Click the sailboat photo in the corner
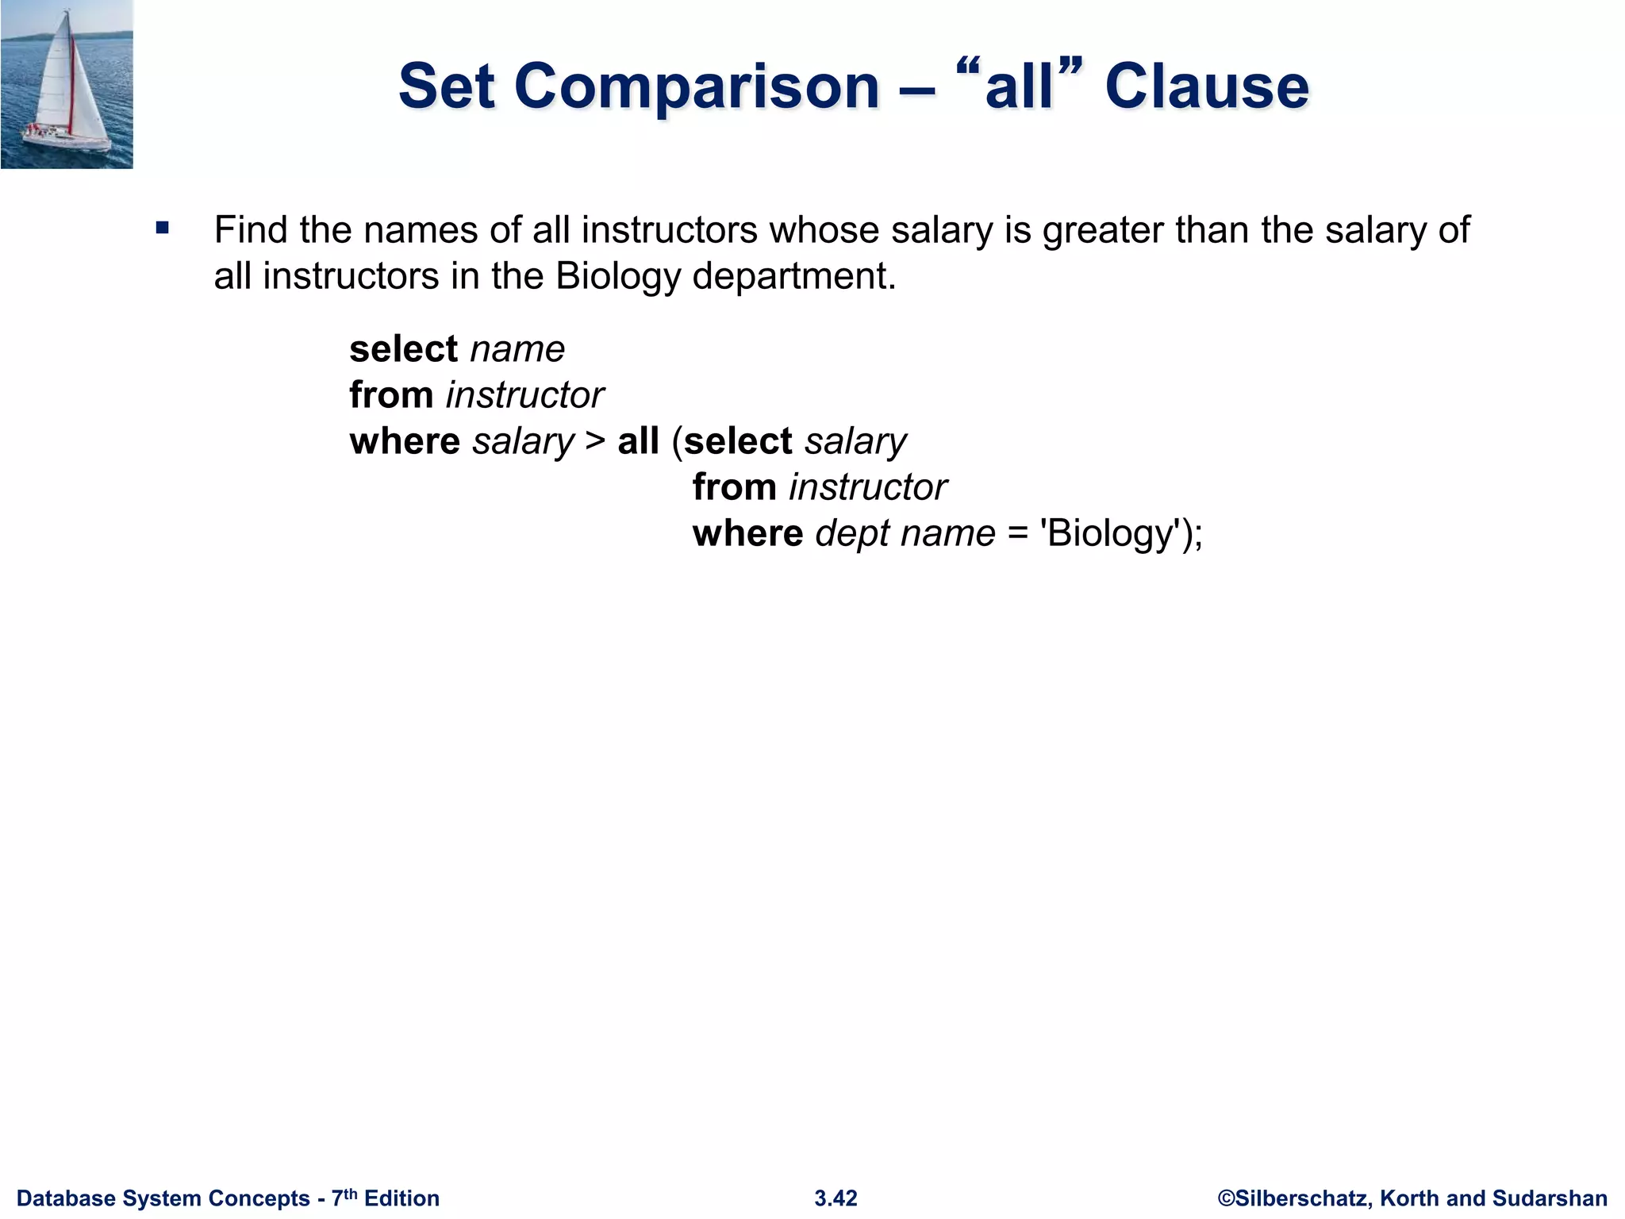[x=67, y=84]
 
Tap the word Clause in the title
[x=1206, y=87]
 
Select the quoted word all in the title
[x=1019, y=87]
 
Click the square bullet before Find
[x=163, y=229]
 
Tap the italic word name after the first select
[x=517, y=349]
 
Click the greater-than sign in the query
[x=595, y=441]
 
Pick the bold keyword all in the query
[x=639, y=441]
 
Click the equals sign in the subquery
[x=1018, y=533]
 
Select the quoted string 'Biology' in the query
[x=1111, y=533]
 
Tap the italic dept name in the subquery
[x=905, y=533]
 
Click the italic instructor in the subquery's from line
[x=868, y=487]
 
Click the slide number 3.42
[x=836, y=1198]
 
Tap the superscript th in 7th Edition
[x=351, y=1193]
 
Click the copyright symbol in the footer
[x=1226, y=1198]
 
